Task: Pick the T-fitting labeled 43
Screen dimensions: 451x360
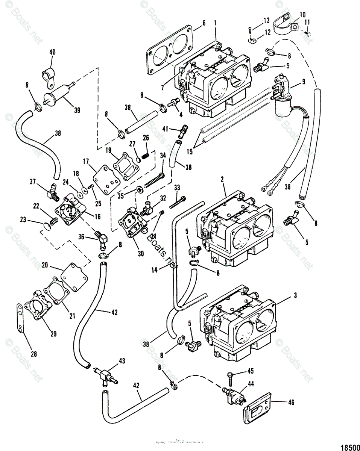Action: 105,372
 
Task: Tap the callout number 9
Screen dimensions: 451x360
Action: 303,80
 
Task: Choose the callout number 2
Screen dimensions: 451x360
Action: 222,180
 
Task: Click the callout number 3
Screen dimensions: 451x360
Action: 295,296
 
